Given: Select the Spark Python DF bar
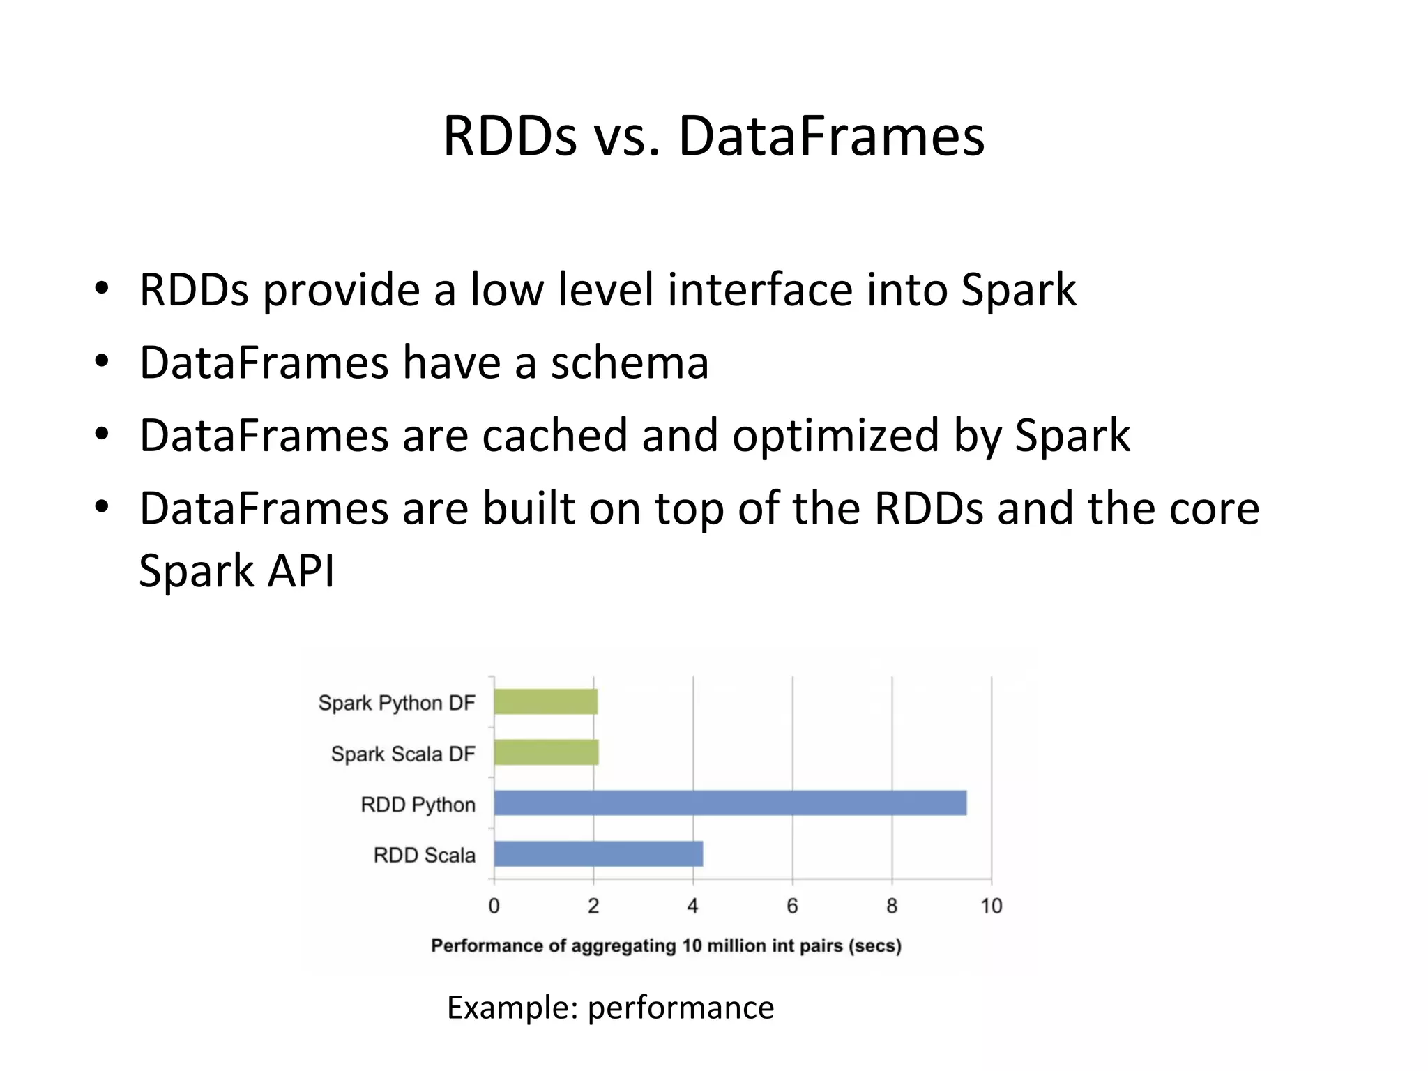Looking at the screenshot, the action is tap(545, 701).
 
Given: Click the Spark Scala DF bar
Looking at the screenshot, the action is tap(546, 752).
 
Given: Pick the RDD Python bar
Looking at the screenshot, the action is tap(729, 803).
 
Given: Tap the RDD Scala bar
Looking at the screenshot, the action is tap(598, 854).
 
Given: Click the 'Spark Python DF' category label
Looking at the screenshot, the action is tap(396, 703).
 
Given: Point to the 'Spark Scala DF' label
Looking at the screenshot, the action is tap(402, 754).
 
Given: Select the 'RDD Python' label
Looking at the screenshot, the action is tap(418, 805).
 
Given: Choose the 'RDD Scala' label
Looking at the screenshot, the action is tap(424, 856).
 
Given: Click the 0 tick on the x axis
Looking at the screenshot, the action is tap(494, 906).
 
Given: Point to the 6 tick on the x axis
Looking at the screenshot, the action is tap(792, 906).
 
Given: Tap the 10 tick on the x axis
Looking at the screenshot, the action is tap(991, 906).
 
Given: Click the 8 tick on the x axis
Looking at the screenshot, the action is tap(892, 906).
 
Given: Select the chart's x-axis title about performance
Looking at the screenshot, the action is tap(666, 946).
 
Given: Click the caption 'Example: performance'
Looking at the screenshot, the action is tap(610, 1008).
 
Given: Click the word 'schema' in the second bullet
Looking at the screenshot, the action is tap(629, 363).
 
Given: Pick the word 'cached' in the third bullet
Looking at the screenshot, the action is tap(555, 435).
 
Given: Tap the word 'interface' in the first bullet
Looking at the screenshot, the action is tap(759, 289).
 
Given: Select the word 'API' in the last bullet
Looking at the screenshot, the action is tap(301, 570).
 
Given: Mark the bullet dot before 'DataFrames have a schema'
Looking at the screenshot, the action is tap(102, 361).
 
